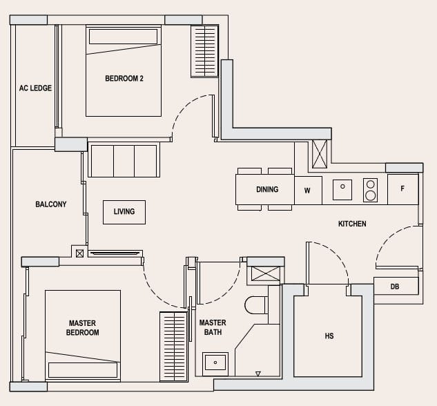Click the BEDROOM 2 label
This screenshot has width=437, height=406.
pyautogui.click(x=124, y=79)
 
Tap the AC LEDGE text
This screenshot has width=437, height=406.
pyautogui.click(x=35, y=88)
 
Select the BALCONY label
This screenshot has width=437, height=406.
pyautogui.click(x=50, y=204)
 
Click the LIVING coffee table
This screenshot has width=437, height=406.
pyautogui.click(x=124, y=212)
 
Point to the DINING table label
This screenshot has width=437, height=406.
pyautogui.click(x=267, y=189)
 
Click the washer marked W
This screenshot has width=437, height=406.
pyautogui.click(x=308, y=191)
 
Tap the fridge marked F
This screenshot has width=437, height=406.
pyautogui.click(x=402, y=189)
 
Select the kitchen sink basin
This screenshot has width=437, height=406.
pyautogui.click(x=342, y=190)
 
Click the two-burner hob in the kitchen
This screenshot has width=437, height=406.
pyautogui.click(x=371, y=191)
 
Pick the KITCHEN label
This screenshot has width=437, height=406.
pyautogui.click(x=352, y=224)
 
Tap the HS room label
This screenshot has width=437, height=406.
pyautogui.click(x=329, y=336)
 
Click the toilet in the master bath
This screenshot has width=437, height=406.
pyautogui.click(x=256, y=305)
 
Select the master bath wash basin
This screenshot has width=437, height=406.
pyautogui.click(x=215, y=362)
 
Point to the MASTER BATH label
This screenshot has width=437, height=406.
pyautogui.click(x=213, y=327)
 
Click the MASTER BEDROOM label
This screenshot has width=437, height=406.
pyautogui.click(x=82, y=328)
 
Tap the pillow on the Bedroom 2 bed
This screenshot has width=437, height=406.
pyautogui.click(x=123, y=36)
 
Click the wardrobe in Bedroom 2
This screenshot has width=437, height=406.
pyautogui.click(x=204, y=51)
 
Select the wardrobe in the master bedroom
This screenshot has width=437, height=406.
pyautogui.click(x=173, y=347)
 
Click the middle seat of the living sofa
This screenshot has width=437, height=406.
pyautogui.click(x=124, y=161)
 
